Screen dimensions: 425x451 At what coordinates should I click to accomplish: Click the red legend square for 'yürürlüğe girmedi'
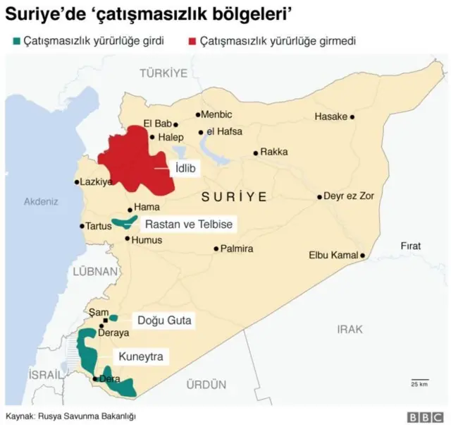click(190, 42)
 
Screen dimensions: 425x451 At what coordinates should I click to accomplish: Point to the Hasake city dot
click(352, 117)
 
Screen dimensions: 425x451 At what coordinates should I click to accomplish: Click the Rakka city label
click(274, 152)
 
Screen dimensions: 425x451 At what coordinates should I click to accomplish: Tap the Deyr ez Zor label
click(349, 196)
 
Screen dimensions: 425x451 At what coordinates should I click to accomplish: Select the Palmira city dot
click(216, 249)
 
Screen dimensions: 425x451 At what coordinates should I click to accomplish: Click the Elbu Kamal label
click(333, 255)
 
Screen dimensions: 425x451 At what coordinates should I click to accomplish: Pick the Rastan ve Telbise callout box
click(187, 225)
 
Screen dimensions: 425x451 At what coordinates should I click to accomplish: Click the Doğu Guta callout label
click(163, 321)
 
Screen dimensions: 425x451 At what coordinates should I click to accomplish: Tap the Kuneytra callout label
click(141, 357)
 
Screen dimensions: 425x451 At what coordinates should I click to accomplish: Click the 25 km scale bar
click(420, 380)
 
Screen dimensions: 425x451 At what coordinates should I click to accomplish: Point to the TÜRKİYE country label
click(163, 73)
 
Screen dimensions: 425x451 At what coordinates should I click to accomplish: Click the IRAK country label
click(350, 329)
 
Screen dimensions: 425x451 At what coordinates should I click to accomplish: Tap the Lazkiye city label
click(97, 182)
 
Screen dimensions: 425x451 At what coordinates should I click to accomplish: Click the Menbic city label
click(216, 114)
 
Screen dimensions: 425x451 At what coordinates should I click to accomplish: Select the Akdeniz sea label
click(41, 201)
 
